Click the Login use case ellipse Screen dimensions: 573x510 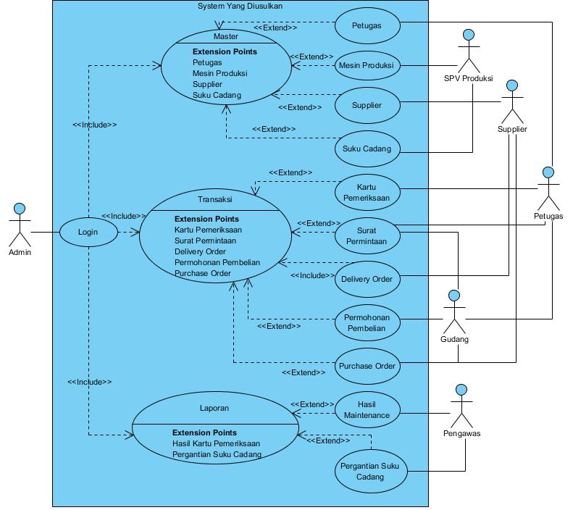pos(88,232)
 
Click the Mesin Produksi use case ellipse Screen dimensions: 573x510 pos(367,66)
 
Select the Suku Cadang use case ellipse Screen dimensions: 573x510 pos(367,149)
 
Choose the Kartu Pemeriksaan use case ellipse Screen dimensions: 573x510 pos(367,193)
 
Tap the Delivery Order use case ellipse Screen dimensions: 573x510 pos(367,280)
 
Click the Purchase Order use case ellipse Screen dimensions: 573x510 pos(367,366)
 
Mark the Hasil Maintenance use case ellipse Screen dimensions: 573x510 pos(367,409)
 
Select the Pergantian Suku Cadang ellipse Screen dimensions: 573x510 pos(371,472)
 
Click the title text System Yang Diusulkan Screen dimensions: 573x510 pos(240,7)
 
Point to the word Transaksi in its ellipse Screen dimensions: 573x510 pos(215,199)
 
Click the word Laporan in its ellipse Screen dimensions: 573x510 pos(214,408)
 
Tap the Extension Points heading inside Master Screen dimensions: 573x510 pos(225,52)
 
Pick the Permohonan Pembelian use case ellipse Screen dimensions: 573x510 pos(367,323)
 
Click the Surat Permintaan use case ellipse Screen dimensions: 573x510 pos(367,236)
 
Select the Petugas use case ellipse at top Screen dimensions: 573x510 pos(367,25)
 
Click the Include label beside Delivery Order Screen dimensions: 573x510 pos(312,275)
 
